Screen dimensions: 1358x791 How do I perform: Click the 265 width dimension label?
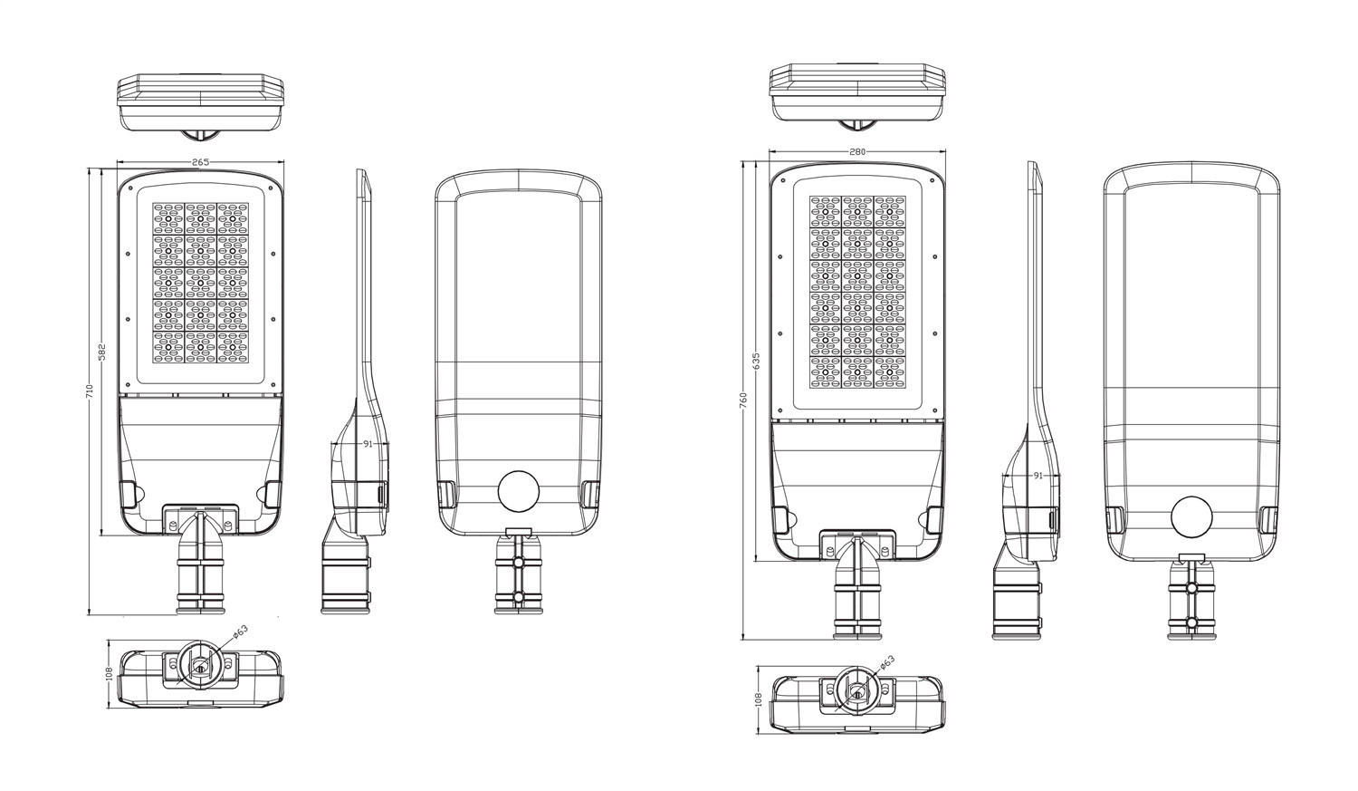coord(201,162)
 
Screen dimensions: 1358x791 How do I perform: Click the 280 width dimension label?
coord(857,151)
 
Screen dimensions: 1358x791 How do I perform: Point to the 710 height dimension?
coord(91,391)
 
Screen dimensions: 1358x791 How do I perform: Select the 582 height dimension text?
coord(102,352)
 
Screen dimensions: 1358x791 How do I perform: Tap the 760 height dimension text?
coord(743,400)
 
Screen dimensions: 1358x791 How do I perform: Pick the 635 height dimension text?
coord(755,361)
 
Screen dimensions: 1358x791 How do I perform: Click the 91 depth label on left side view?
coord(368,443)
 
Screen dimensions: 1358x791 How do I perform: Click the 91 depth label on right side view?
coord(1038,476)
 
